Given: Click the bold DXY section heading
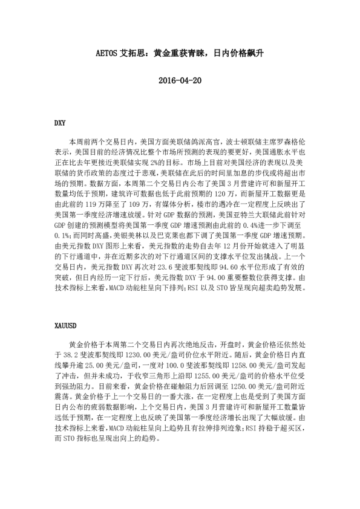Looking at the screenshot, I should pos(60,123).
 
